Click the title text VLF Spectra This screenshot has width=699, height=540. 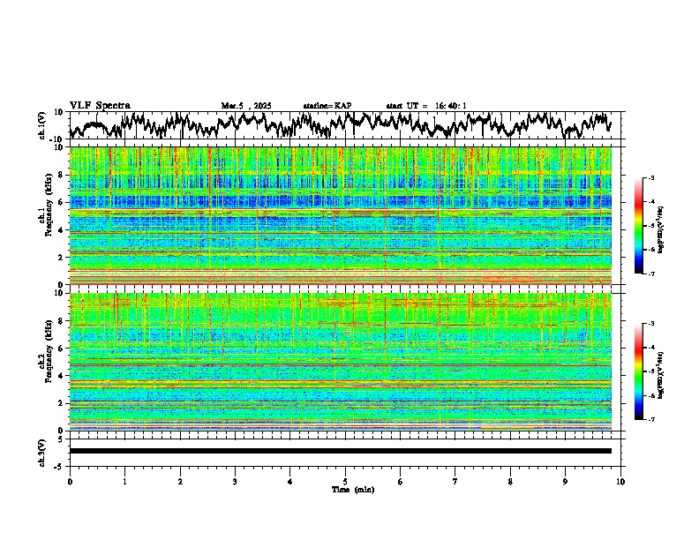coord(100,105)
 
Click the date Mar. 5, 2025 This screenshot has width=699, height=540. coord(246,106)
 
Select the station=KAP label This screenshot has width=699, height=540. coord(327,106)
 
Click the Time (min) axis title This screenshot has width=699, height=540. coord(345,489)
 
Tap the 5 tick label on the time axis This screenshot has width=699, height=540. coord(345,481)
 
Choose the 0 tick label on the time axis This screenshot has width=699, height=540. coord(70,481)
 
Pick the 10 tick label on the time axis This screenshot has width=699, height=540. coord(620,481)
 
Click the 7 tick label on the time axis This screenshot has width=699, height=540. coord(455,481)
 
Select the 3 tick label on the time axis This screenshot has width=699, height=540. coord(235,481)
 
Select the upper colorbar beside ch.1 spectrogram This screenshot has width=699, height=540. coord(639,226)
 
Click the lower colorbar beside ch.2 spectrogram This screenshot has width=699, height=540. coord(639,371)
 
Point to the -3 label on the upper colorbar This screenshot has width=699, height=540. coord(650,178)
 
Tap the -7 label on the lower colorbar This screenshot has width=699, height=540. coord(650,420)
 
